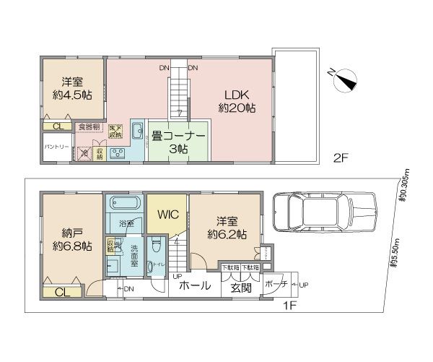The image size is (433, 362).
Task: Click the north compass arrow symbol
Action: pyautogui.click(x=344, y=81)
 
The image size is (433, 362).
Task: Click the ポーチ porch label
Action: pyautogui.click(x=272, y=284)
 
